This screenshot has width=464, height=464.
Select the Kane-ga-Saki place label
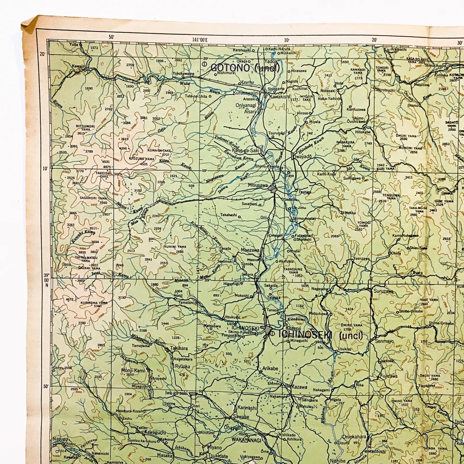[x=245, y=150]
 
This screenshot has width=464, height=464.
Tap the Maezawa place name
[x=250, y=251]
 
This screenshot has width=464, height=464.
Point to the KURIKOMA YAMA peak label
[x=94, y=303]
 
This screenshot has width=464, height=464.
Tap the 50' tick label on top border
[x=112, y=37]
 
